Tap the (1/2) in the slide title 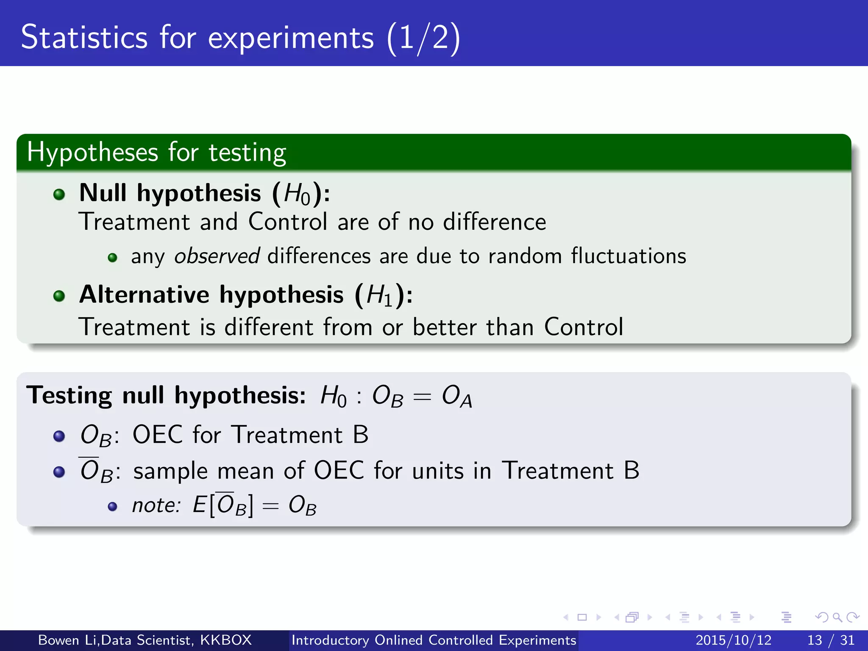tap(423, 38)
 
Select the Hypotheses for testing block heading tap(156, 153)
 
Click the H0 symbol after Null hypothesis tap(297, 195)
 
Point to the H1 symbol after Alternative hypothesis tap(379, 295)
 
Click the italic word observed tap(217, 256)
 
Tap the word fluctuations tap(628, 256)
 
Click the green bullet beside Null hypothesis tap(59, 195)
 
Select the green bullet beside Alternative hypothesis tap(59, 296)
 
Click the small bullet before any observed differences tap(112, 258)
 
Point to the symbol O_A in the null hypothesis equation tap(456, 397)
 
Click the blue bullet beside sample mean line tap(59, 472)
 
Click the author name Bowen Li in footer tap(68, 640)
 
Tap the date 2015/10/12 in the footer tap(733, 640)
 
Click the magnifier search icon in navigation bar tap(837, 617)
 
